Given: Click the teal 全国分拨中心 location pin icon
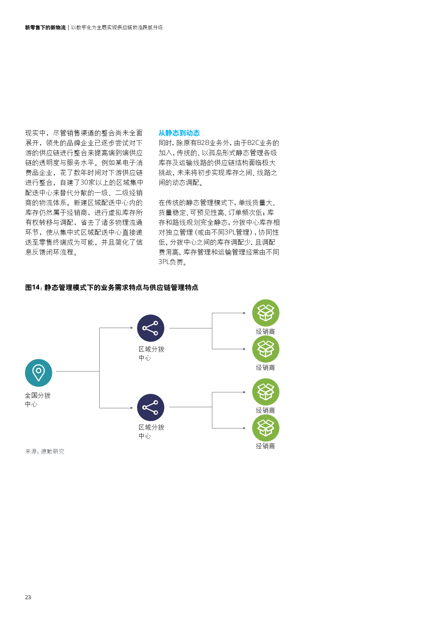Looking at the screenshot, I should tap(39, 373).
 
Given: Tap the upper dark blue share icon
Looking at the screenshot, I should tap(150, 328).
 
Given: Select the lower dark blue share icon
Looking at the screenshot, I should tap(150, 407).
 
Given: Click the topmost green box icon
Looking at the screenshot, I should tap(266, 313).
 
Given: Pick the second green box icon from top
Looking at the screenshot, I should tap(266, 349).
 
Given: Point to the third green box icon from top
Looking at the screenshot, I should tap(266, 392).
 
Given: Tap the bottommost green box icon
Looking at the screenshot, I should tap(266, 428).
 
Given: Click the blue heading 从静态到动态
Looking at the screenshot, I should tap(179, 133).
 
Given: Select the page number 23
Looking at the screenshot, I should tap(28, 597).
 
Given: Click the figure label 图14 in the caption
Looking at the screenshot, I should tap(33, 287).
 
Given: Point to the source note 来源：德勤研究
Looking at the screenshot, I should tap(45, 451).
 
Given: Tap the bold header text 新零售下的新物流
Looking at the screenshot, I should tap(45, 28).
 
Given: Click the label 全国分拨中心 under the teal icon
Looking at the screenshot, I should tap(37, 399).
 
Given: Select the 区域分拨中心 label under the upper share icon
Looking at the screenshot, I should tap(151, 353).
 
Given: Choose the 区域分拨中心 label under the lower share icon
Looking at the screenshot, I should tap(151, 431).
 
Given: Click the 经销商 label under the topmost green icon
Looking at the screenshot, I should tap(265, 332).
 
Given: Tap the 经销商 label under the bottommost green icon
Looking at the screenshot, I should tap(265, 446).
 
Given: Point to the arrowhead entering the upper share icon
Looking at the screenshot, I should tap(131, 328).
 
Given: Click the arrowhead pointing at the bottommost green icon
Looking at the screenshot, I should tap(244, 428).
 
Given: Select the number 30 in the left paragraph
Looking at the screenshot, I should tap(84, 182).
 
